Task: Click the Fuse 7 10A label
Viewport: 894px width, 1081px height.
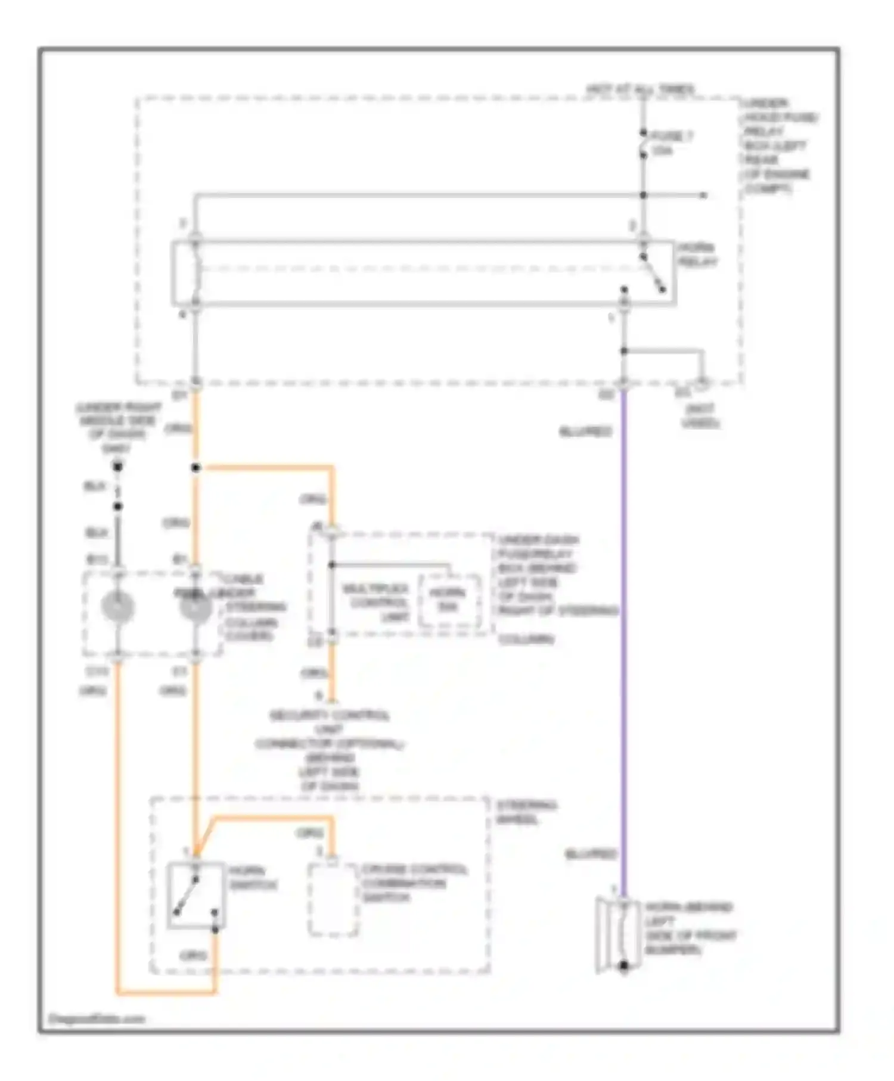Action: point(670,143)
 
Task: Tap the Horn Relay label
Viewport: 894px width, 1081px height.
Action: point(697,255)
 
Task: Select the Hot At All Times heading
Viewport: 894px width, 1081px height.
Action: point(641,89)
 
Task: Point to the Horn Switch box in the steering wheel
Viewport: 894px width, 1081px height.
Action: point(196,896)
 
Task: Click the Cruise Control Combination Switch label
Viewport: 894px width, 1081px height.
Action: point(414,883)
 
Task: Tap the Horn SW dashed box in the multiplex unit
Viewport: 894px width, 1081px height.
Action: point(449,601)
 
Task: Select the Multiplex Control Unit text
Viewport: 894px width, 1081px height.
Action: point(375,602)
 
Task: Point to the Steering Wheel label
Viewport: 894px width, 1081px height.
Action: point(527,812)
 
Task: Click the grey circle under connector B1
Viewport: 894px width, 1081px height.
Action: point(195,608)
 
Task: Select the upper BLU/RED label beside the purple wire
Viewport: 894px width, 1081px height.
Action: point(585,431)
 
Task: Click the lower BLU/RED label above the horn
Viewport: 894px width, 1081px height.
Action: point(591,854)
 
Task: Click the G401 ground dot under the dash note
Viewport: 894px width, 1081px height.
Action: point(118,467)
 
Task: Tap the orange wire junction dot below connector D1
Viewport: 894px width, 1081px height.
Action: point(195,468)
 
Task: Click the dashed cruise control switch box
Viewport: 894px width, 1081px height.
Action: point(333,900)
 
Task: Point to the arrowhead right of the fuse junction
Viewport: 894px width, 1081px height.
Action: point(704,195)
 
